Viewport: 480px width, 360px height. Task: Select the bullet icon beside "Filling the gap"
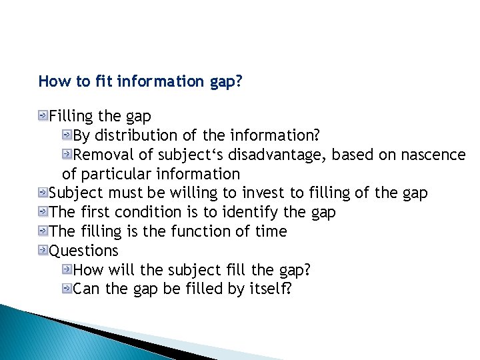[x=43, y=116]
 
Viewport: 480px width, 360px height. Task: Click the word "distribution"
[x=136, y=135]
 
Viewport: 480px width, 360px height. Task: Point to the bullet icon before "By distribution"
[x=67, y=135]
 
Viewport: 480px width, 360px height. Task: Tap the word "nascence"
[x=433, y=155]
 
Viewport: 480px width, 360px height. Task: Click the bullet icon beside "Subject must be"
[x=43, y=193]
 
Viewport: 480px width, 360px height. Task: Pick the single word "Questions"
[x=84, y=251]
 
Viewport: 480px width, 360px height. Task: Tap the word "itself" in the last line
[x=270, y=290]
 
